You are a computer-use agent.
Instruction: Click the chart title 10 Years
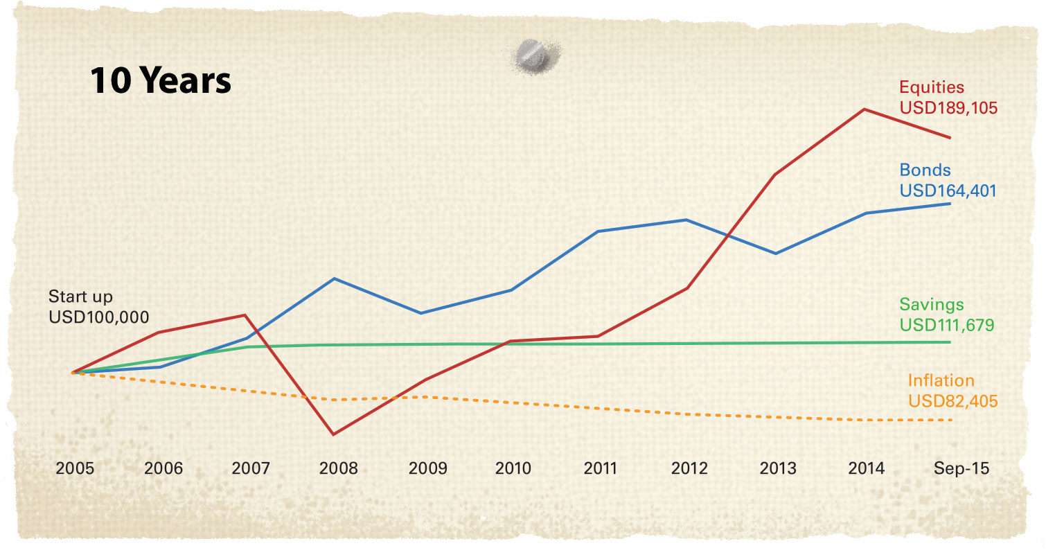pyautogui.click(x=161, y=82)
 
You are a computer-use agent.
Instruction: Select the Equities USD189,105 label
pyautogui.click(x=948, y=98)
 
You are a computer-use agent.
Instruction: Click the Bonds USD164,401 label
pyautogui.click(x=948, y=180)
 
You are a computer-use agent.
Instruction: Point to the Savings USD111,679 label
pyautogui.click(x=946, y=315)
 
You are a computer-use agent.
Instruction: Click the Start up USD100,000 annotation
pyautogui.click(x=98, y=307)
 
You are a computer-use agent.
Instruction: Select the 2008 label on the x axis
pyautogui.click(x=338, y=468)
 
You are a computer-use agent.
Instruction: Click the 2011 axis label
pyautogui.click(x=601, y=468)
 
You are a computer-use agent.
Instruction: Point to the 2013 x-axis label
pyautogui.click(x=777, y=468)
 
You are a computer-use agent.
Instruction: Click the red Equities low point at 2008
pyautogui.click(x=334, y=434)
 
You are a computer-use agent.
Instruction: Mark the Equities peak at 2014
pyautogui.click(x=865, y=109)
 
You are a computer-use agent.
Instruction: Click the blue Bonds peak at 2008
pyautogui.click(x=335, y=278)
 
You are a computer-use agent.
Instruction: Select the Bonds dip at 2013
pyautogui.click(x=777, y=254)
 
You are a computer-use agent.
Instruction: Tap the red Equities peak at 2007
pyautogui.click(x=245, y=315)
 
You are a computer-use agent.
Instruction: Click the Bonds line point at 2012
pyautogui.click(x=686, y=220)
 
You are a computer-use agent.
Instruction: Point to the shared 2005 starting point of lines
pyautogui.click(x=73, y=373)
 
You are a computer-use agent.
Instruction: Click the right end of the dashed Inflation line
pyautogui.click(x=952, y=421)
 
